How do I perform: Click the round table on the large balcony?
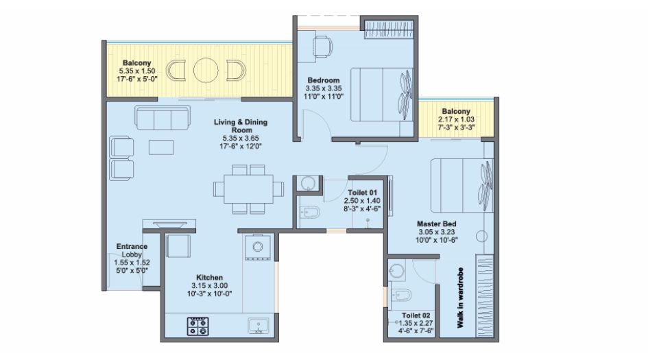(x=205, y=71)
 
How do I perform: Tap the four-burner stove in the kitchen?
(x=198, y=325)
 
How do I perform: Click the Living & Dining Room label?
(x=240, y=125)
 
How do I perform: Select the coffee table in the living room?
(x=162, y=147)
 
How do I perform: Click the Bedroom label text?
(x=323, y=80)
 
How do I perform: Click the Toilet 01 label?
(x=360, y=193)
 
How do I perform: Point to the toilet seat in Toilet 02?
(x=403, y=296)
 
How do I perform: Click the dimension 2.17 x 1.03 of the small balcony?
(x=456, y=119)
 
